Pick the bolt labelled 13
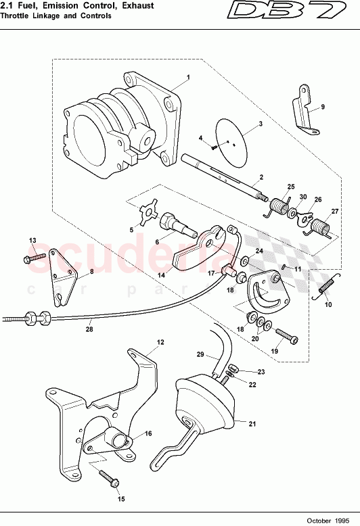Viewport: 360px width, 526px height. pyautogui.click(x=37, y=258)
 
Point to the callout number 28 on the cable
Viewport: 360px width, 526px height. pyautogui.click(x=89, y=330)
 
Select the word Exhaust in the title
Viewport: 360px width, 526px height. pyautogui.click(x=137, y=5)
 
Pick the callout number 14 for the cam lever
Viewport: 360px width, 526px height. pyautogui.click(x=161, y=276)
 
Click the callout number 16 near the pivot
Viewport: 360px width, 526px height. pyautogui.click(x=148, y=433)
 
